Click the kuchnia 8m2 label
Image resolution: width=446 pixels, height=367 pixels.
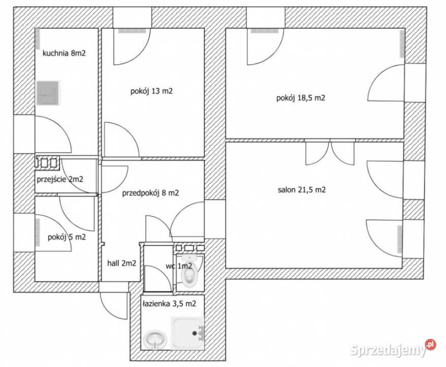(x=64, y=54)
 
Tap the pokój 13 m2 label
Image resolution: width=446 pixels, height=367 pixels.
(x=152, y=91)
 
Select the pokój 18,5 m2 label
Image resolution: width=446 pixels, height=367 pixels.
(x=301, y=98)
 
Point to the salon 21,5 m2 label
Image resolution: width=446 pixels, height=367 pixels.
(x=302, y=190)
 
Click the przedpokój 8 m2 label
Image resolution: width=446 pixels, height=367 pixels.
(x=151, y=193)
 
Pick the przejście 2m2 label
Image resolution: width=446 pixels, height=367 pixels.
(x=60, y=179)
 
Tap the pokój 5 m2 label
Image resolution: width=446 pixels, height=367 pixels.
(x=67, y=237)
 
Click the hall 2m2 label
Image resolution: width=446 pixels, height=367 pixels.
(x=122, y=264)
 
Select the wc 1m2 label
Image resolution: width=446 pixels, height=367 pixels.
(x=179, y=266)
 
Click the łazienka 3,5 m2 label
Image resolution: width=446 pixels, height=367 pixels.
(x=169, y=304)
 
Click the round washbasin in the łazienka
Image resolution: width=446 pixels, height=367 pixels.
(x=155, y=339)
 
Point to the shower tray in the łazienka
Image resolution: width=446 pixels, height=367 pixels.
(x=188, y=333)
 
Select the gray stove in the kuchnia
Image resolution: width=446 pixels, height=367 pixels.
(x=48, y=93)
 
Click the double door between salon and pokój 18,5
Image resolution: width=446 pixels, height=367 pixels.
(x=330, y=152)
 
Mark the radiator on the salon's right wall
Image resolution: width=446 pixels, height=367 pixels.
(x=400, y=239)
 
